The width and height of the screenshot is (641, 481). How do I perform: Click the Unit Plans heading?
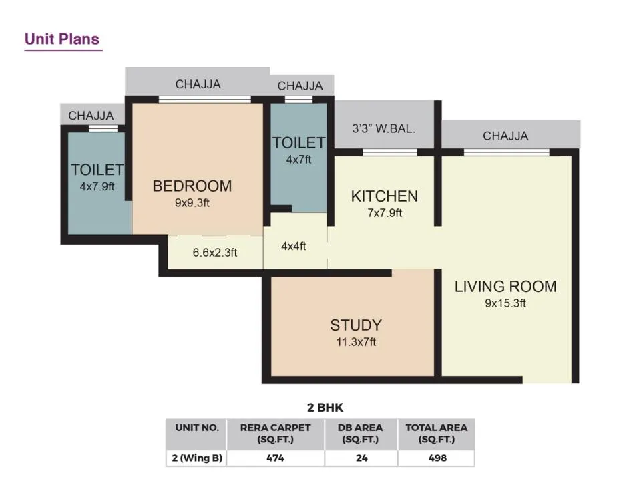62,39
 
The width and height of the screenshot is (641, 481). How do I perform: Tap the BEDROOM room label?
192,186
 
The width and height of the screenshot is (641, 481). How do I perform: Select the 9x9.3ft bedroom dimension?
192,203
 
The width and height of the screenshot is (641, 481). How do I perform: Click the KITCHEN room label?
385,196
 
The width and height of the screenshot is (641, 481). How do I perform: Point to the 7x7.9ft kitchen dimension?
385,213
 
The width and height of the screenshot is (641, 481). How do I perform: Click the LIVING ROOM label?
505,287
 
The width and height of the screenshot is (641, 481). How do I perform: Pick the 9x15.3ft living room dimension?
505,303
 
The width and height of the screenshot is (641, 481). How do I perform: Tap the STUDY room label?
356,325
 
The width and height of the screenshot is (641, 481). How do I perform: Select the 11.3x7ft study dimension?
356,342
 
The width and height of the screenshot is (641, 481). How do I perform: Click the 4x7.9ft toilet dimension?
97,187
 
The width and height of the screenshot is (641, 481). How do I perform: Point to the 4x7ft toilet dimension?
299,160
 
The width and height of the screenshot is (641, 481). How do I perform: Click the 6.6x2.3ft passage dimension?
215,253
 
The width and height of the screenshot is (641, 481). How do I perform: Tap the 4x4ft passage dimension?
294,247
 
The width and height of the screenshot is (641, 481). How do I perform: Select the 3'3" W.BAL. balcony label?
384,129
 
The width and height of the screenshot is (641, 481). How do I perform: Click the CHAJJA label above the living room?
505,136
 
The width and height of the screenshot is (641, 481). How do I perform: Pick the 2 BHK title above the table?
325,408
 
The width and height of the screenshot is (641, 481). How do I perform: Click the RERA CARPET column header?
276,434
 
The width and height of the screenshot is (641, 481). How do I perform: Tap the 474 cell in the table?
276,458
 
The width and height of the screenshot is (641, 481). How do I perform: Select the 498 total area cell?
437,458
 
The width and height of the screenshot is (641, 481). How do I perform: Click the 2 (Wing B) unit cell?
197,458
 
